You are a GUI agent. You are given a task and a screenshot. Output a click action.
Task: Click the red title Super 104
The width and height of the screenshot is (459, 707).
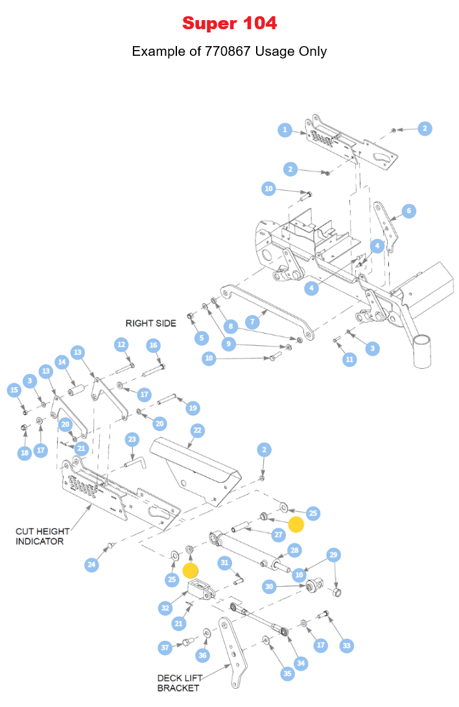pos(230,23)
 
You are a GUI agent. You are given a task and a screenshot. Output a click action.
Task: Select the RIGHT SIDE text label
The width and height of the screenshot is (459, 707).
pos(150,323)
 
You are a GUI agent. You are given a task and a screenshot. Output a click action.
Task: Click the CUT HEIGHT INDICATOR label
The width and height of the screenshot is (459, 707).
pos(43,536)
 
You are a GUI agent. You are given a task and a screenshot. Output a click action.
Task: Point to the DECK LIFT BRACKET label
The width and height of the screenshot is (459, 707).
pos(178,683)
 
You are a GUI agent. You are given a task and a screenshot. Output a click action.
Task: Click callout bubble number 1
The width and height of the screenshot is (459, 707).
pos(285,130)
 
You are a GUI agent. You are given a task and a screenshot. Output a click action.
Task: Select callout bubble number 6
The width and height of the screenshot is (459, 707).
pos(408,211)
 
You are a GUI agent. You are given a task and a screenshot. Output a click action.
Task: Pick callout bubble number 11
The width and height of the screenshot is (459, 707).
pos(349,359)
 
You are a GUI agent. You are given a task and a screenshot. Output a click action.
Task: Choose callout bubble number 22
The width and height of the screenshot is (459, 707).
pos(197,430)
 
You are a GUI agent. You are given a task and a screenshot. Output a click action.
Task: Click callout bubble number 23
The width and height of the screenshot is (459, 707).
pos(132,440)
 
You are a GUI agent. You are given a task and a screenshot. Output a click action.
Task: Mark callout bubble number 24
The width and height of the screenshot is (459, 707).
pos(92,565)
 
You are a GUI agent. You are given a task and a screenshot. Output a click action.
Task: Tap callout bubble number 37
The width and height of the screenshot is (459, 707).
pos(165,647)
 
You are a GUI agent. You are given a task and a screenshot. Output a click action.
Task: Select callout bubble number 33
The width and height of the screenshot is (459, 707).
pos(347,645)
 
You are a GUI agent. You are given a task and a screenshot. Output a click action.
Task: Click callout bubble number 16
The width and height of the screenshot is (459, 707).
pos(153,345)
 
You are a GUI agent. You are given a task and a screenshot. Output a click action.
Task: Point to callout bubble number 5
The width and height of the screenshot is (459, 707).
pos(202,338)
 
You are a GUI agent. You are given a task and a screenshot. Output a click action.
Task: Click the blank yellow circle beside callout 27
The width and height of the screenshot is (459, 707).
pos(296,525)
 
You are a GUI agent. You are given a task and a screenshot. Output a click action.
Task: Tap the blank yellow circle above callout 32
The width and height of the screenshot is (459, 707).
pos(190,570)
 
